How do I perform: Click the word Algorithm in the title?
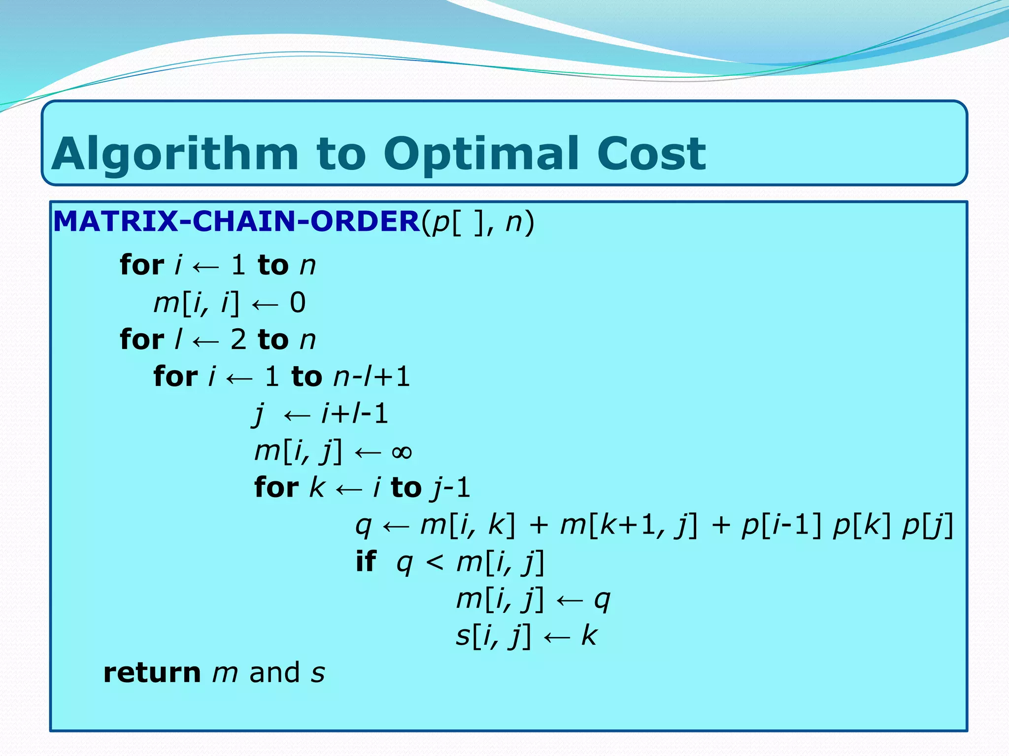tap(175, 154)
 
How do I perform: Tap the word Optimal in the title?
tap(481, 154)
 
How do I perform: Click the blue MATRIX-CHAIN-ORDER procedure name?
tap(236, 221)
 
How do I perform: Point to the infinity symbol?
tap(402, 452)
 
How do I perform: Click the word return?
tap(152, 673)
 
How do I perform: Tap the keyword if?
tap(366, 562)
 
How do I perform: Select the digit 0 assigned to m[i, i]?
tap(298, 302)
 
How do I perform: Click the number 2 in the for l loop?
tap(238, 340)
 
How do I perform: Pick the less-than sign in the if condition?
tap(434, 563)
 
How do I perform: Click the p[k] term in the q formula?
tap(862, 525)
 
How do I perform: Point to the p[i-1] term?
tap(781, 525)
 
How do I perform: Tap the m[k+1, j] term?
tap(629, 525)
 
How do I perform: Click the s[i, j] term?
tap(493, 636)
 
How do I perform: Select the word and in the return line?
tap(274, 673)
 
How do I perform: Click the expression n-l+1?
tap(371, 377)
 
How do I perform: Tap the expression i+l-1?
tap(355, 413)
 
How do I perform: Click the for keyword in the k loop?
tap(276, 488)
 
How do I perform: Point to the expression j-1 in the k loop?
tap(450, 488)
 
